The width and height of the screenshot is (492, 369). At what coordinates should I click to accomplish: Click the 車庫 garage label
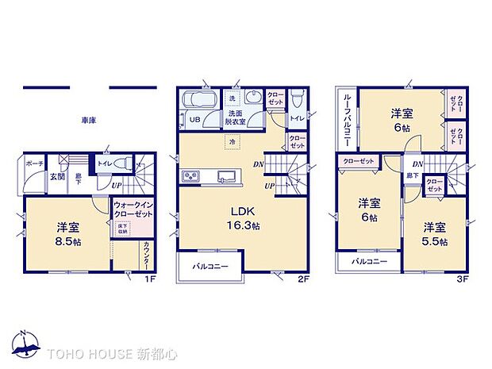[x=88, y=120]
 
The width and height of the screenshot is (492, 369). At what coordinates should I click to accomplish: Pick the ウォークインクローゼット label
[x=132, y=209]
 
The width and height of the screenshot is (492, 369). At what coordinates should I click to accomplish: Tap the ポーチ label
[x=35, y=163]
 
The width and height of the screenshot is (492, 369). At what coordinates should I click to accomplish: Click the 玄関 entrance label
[x=58, y=178]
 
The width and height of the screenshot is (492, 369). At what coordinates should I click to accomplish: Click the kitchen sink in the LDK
[x=225, y=176]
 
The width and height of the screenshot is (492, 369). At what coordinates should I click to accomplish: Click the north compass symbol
[x=26, y=344]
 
